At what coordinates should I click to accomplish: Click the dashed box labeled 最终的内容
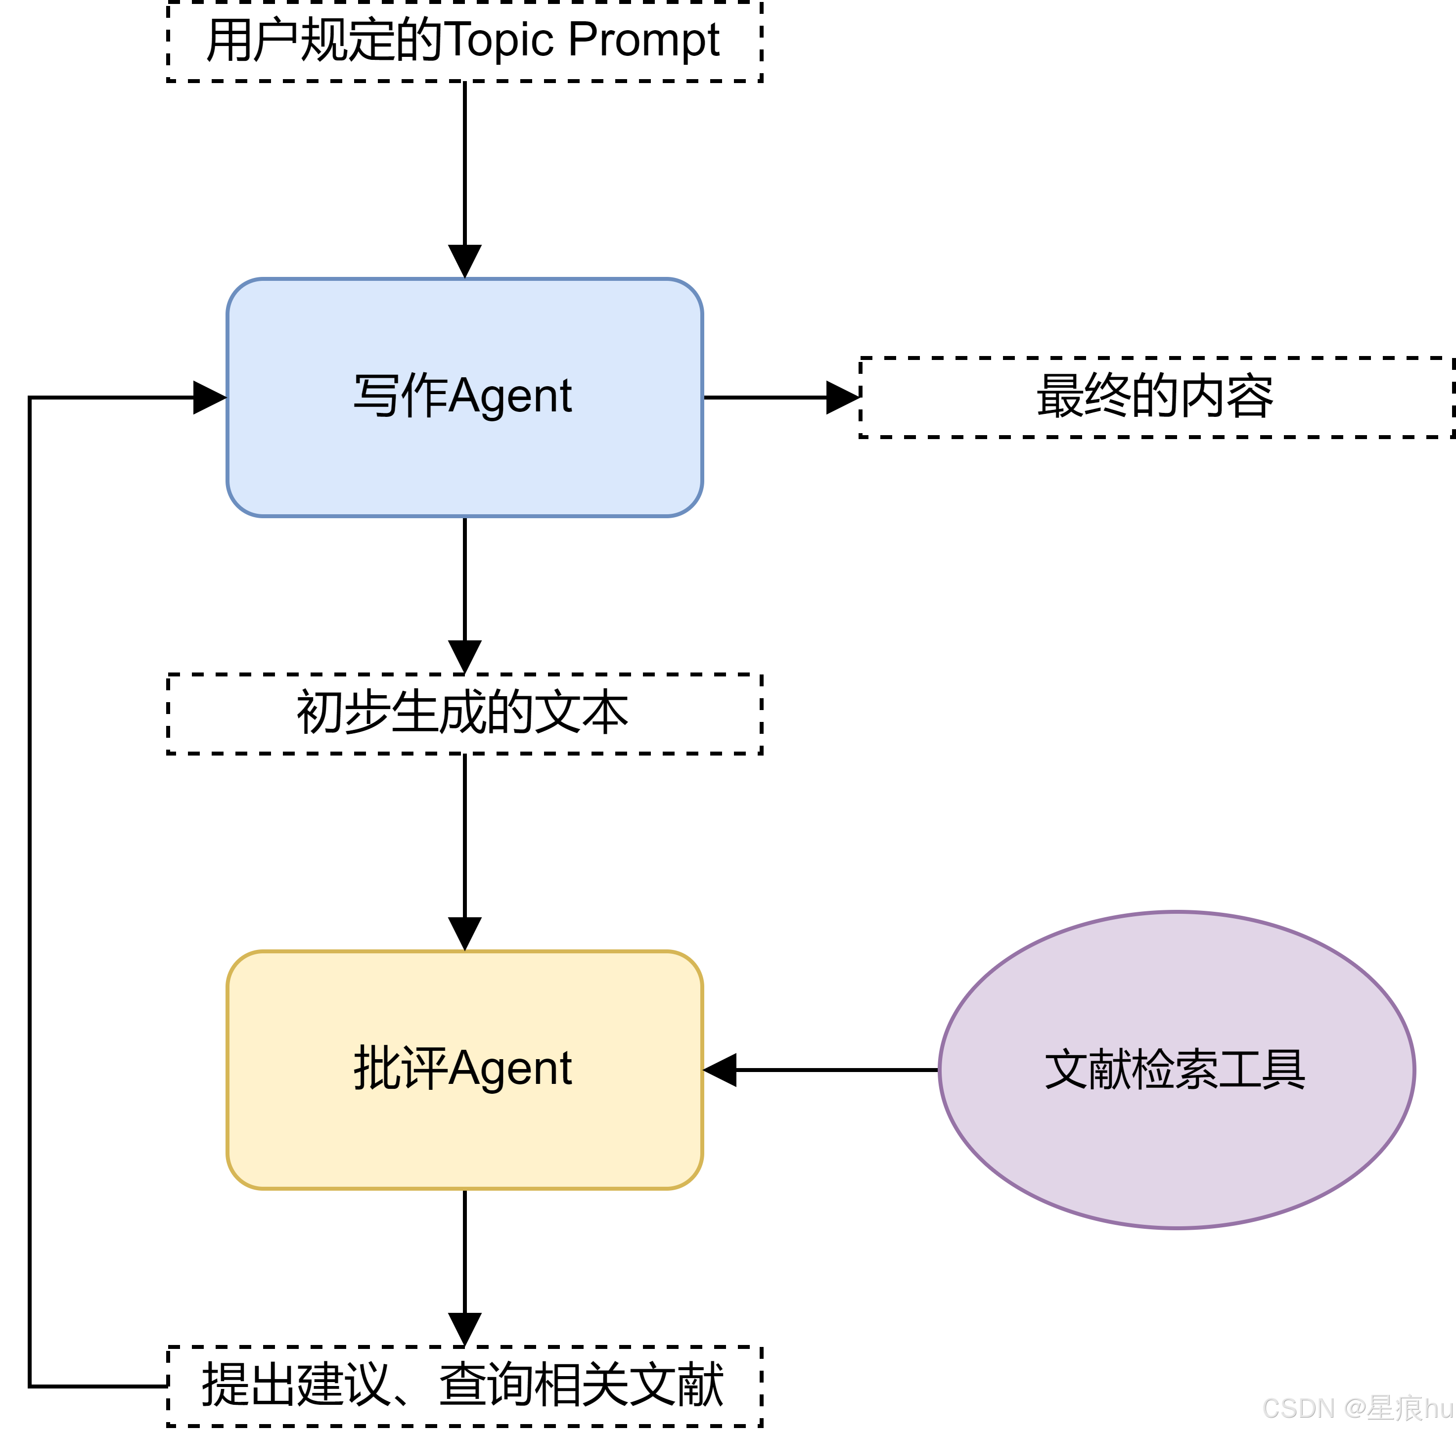point(1155,397)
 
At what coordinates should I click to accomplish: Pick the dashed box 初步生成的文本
point(464,713)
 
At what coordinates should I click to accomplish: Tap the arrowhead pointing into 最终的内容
point(842,397)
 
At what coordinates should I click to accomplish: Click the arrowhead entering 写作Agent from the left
point(209,397)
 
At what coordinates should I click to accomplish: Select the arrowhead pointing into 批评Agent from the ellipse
point(721,1070)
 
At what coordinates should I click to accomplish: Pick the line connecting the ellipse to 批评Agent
point(835,1070)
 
